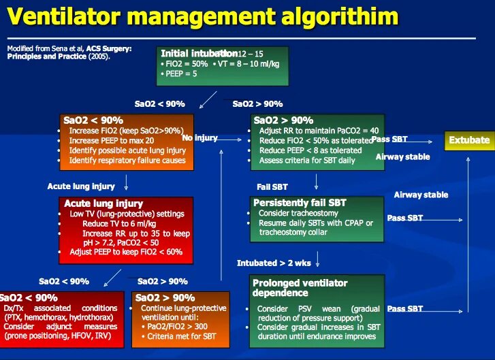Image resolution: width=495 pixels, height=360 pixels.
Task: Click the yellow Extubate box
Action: [x=469, y=140]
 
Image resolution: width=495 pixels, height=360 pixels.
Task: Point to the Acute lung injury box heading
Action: [x=103, y=203]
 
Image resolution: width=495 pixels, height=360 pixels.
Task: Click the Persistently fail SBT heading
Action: [x=300, y=203]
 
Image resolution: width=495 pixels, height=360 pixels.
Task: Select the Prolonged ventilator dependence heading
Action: [x=300, y=288]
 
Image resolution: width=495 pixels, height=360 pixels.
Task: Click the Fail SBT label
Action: [x=272, y=186]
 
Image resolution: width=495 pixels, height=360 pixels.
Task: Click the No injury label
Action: [x=199, y=138]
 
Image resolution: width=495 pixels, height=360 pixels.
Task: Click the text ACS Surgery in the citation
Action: [x=108, y=48]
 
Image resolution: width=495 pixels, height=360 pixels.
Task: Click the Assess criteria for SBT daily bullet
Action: [x=306, y=161]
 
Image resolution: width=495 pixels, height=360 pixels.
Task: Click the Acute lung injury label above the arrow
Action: [x=81, y=186]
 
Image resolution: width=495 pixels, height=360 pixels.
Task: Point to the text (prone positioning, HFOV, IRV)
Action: [x=60, y=336]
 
